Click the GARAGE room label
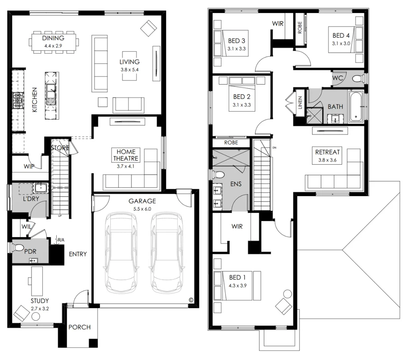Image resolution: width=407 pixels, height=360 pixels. point(142,201)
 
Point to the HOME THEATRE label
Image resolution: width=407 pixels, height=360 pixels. point(126,155)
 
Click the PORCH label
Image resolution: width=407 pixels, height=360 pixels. point(79,327)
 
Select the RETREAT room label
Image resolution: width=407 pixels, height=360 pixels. point(327,152)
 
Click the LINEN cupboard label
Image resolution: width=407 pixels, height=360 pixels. point(300,102)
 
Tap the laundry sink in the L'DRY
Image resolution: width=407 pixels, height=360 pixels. point(39,188)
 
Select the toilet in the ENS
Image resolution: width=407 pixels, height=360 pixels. point(220,175)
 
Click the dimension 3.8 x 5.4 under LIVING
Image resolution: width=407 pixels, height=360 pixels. point(130,70)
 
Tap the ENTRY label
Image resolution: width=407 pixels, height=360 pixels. point(77,254)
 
